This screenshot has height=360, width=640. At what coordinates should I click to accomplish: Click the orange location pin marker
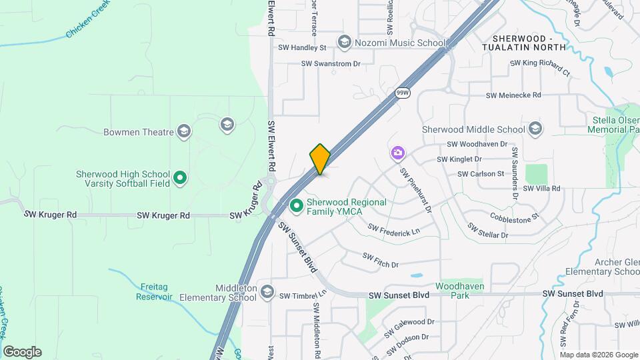(x=320, y=159)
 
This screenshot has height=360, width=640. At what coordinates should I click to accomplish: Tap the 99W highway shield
(x=402, y=93)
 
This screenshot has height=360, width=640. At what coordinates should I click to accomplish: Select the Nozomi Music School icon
(x=345, y=43)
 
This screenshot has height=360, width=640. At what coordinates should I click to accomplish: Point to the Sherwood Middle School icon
(x=535, y=129)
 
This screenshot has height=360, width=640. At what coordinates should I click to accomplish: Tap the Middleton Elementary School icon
(x=267, y=292)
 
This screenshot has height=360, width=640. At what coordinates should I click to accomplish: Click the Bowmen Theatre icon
(x=184, y=131)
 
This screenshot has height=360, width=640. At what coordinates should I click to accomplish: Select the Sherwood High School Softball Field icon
(x=179, y=178)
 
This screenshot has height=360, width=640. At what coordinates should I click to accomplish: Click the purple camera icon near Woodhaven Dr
(x=397, y=155)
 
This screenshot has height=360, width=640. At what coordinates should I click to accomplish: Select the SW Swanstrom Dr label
(x=331, y=64)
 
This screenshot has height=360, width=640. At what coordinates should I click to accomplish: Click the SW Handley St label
(x=302, y=48)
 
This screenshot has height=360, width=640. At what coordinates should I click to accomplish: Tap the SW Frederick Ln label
(x=394, y=231)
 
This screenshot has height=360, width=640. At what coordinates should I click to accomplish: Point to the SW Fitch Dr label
(x=380, y=259)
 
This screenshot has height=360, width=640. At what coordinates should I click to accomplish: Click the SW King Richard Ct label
(x=540, y=67)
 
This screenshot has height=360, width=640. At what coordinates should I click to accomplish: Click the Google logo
(x=22, y=351)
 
